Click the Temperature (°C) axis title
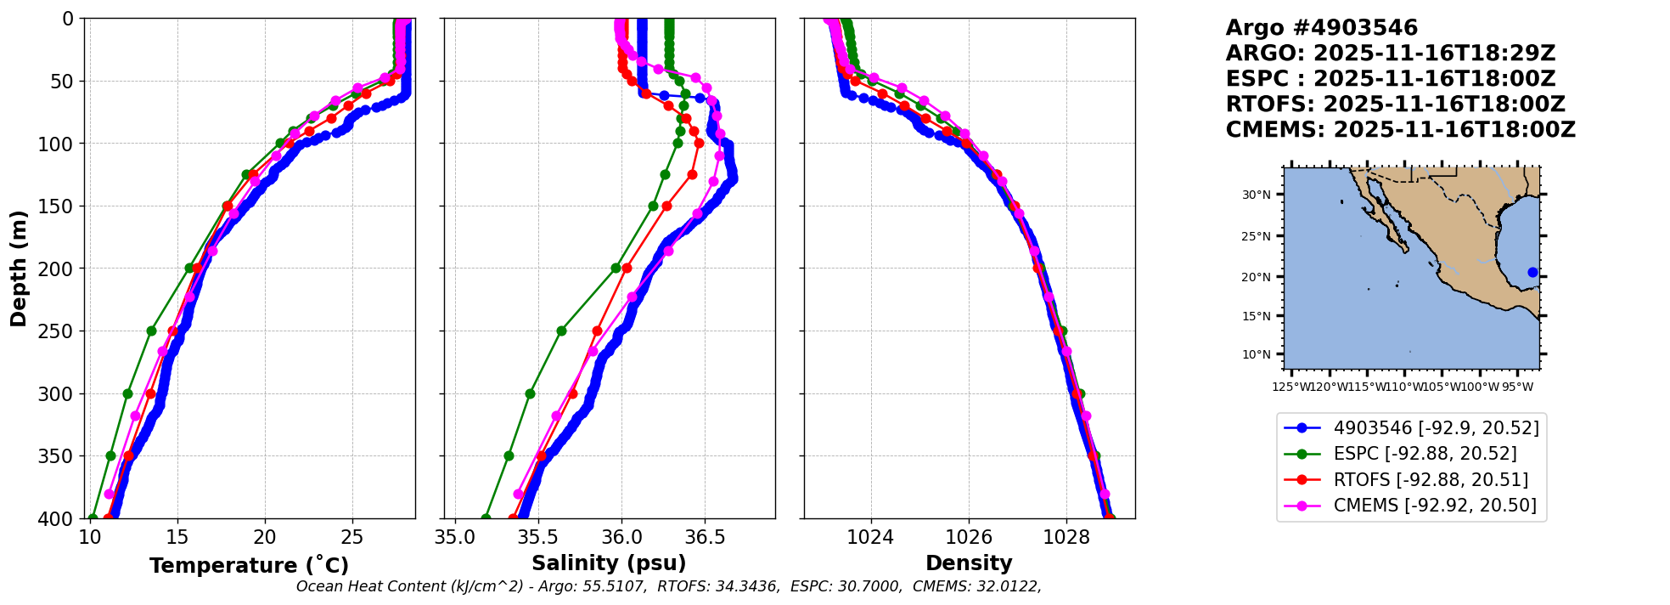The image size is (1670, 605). click(249, 566)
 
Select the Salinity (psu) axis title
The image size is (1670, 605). click(609, 563)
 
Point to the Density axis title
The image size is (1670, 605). click(969, 563)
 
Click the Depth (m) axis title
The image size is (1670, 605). click(18, 269)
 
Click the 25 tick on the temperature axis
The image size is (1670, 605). click(352, 537)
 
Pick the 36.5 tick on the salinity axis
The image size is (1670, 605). click(704, 537)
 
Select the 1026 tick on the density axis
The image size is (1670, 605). click(969, 537)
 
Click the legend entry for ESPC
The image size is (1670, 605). click(1425, 454)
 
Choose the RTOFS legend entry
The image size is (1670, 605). click(1431, 480)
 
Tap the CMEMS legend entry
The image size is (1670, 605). click(1435, 506)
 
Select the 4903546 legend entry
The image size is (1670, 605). click(1436, 428)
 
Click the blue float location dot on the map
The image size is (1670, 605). click(1532, 273)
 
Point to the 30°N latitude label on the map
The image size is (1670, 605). click(1257, 195)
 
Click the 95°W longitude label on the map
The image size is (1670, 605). click(1517, 387)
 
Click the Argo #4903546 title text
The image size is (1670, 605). click(1321, 28)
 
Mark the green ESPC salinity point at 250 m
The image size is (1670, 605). click(561, 331)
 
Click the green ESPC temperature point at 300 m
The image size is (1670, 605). click(128, 393)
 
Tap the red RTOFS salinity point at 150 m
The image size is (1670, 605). click(666, 206)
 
